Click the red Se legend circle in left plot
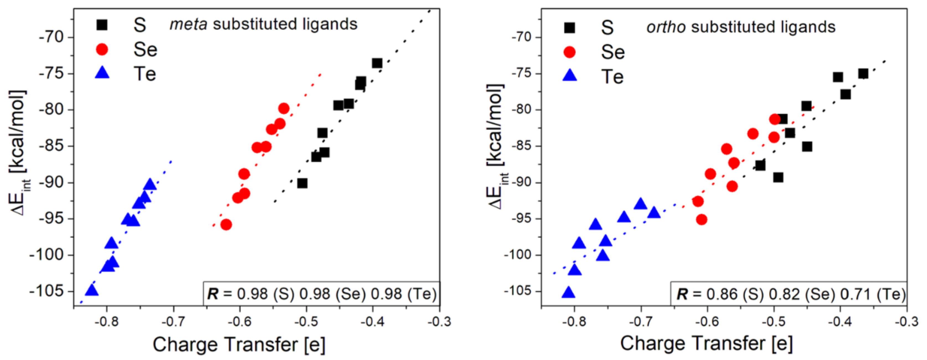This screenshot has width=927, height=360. [x=102, y=49]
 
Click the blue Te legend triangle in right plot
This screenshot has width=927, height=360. [x=570, y=76]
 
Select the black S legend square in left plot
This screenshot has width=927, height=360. [x=102, y=25]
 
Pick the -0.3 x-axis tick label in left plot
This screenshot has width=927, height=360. [x=439, y=322]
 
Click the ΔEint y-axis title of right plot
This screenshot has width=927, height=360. [x=497, y=148]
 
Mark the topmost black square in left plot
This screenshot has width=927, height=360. [x=377, y=63]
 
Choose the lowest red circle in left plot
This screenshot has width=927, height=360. [x=226, y=225]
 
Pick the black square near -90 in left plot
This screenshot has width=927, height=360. [x=302, y=183]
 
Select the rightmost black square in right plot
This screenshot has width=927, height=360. [x=863, y=74]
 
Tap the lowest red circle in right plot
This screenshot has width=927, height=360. [x=701, y=219]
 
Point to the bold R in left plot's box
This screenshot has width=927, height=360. [x=213, y=294]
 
